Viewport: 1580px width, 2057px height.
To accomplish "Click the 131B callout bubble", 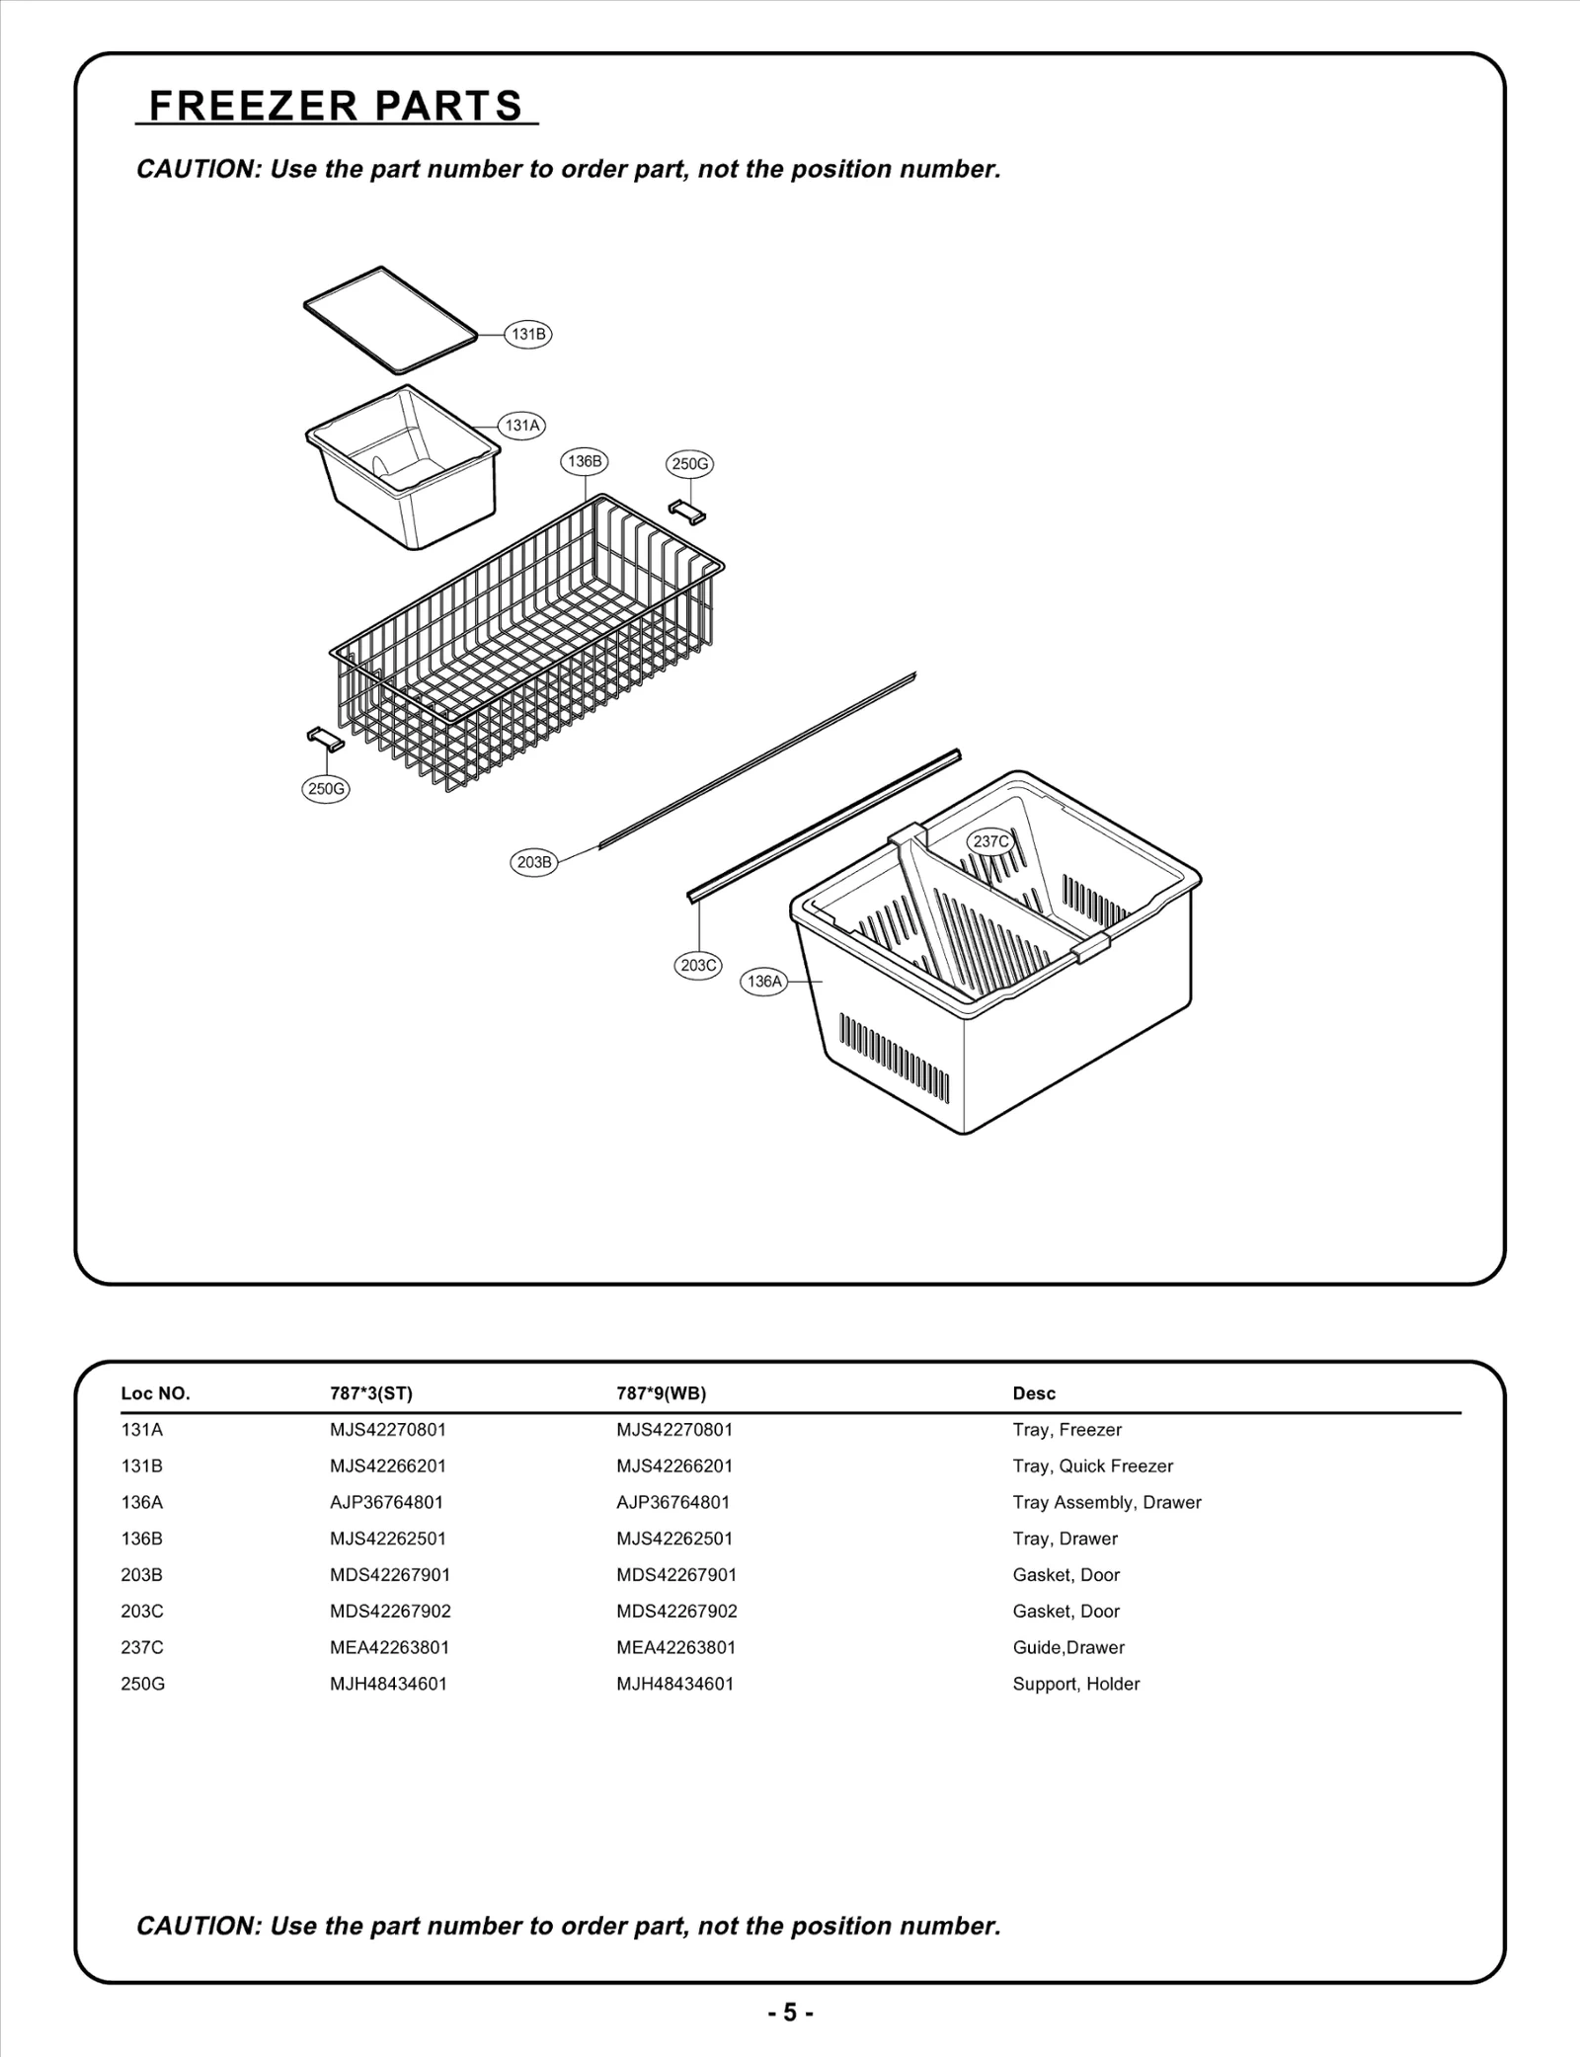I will pos(527,334).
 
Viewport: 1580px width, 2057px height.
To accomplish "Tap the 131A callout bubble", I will pos(522,426).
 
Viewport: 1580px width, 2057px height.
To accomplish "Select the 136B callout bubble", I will pos(585,461).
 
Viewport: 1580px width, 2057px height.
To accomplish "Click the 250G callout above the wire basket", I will pos(689,464).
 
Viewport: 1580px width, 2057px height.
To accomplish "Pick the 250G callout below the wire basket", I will pos(325,789).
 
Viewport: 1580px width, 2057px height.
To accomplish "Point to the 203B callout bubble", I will pos(534,862).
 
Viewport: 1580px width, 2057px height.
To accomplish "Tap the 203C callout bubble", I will pos(698,965).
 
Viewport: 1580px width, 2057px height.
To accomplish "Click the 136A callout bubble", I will pos(764,982).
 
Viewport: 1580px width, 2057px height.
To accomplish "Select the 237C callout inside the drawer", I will pos(990,841).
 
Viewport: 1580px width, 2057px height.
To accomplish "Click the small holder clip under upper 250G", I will pos(687,512).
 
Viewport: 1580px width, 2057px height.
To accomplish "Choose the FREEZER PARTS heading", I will pos(336,106).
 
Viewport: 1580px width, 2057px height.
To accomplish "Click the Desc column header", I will pos(1034,1393).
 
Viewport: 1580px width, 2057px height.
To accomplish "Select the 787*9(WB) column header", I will pos(661,1393).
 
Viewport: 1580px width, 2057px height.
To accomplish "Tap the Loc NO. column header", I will pos(155,1393).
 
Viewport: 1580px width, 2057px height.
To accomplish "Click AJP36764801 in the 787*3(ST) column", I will pos(386,1502).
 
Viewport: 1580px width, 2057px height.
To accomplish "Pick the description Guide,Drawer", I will pos(1067,1647).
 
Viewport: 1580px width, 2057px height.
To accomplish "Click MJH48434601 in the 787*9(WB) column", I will pos(674,1684).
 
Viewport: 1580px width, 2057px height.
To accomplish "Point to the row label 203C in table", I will pos(142,1611).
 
